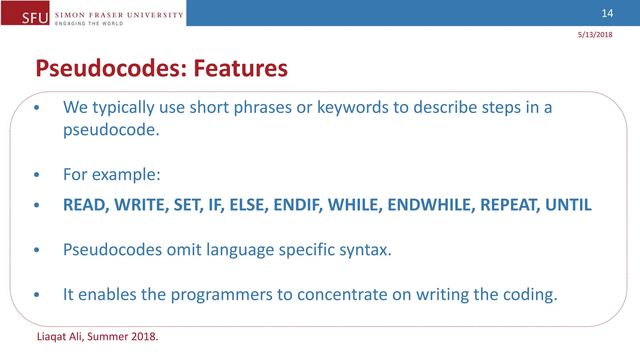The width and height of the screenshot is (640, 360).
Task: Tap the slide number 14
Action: click(607, 13)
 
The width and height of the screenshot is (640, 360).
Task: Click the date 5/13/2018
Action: click(595, 35)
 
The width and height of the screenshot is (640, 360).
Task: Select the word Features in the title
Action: click(240, 68)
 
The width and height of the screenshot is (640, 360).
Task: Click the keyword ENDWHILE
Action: click(431, 205)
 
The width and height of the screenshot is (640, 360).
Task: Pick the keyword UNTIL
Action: click(568, 205)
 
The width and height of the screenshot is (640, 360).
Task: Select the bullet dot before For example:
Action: click(37, 175)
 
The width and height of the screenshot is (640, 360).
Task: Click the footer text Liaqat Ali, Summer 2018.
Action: click(97, 337)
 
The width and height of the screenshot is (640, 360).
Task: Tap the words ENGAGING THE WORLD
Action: click(89, 23)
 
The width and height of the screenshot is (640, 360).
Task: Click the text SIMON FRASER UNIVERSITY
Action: click(119, 15)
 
